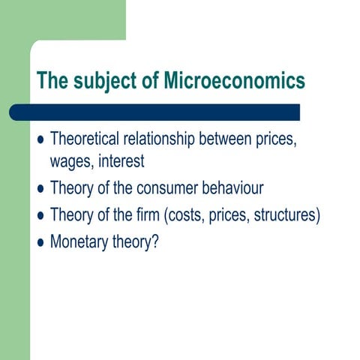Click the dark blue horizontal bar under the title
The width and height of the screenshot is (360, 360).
(157, 112)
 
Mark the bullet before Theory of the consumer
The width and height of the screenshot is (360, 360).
(40, 189)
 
